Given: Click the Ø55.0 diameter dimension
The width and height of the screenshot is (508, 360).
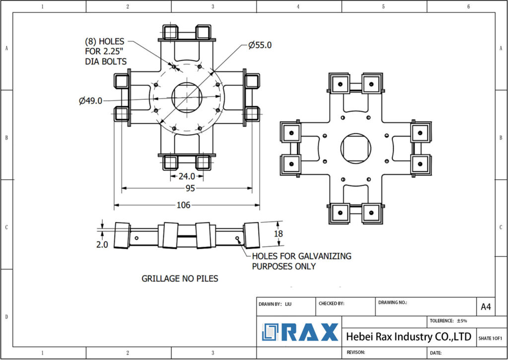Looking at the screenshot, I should click(260, 45).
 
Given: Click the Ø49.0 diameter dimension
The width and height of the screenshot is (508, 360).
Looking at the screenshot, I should click(90, 101).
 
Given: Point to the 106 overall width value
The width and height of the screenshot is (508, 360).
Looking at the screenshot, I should click(184, 205).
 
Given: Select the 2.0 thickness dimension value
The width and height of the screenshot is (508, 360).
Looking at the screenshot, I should click(102, 244).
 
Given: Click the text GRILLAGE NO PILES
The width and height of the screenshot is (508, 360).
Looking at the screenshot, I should click(180, 279).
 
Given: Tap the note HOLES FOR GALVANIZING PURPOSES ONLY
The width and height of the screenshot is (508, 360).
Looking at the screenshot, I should click(301, 261).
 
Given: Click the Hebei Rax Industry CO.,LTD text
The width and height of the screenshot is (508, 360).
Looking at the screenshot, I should click(408, 337).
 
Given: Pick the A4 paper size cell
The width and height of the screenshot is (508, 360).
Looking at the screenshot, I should click(486, 307).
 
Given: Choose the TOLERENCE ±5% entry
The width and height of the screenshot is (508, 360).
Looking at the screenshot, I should click(449, 321).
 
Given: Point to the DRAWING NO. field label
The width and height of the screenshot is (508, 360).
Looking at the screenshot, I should click(392, 302).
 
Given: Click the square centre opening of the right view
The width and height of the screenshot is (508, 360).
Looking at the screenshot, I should click(356, 147).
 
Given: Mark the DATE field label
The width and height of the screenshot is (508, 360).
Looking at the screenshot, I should click(436, 353).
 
